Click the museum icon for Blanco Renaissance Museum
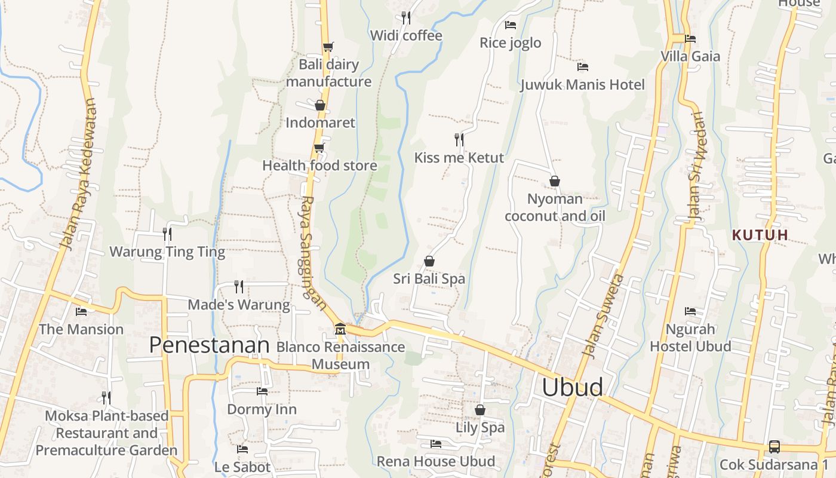(x=340, y=329)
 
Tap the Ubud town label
(x=572, y=388)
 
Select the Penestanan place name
(x=209, y=345)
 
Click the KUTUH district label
(x=760, y=235)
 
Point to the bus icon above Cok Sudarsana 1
(x=774, y=446)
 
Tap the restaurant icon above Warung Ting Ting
(x=167, y=234)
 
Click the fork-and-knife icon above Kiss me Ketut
(x=459, y=140)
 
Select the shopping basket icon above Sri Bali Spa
(x=429, y=261)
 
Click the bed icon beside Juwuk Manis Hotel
(x=583, y=67)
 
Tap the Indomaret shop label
(x=320, y=122)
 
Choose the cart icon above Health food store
(x=319, y=148)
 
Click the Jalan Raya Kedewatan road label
(x=78, y=173)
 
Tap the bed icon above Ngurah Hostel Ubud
(x=690, y=311)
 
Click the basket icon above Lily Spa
(x=480, y=410)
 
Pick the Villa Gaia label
(x=690, y=57)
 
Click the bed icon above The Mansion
(x=81, y=312)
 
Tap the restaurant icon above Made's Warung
(x=239, y=287)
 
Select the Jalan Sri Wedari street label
(x=696, y=167)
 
